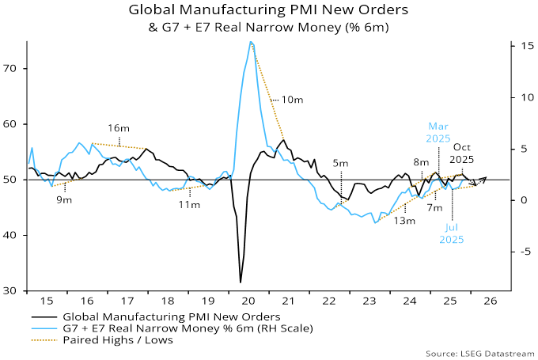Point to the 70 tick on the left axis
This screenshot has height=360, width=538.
click(x=15, y=69)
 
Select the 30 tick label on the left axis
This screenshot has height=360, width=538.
click(x=15, y=291)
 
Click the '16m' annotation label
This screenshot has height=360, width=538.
click(x=119, y=127)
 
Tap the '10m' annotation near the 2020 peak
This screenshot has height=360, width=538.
click(x=293, y=100)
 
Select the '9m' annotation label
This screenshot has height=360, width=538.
click(x=64, y=200)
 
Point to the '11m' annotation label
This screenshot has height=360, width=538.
click(x=189, y=205)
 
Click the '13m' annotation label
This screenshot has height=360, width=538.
click(x=404, y=221)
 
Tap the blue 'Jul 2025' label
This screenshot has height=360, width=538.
click(x=453, y=233)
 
